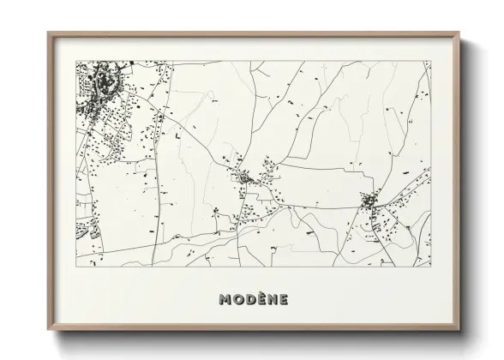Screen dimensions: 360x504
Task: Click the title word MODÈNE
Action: point(253,300)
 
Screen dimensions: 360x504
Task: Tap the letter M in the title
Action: point(226,300)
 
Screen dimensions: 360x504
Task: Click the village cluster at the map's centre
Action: point(246,178)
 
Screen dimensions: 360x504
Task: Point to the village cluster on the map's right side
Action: point(370,202)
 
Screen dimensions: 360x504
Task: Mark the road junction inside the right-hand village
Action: point(370,202)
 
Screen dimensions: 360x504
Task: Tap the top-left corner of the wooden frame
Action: point(48,33)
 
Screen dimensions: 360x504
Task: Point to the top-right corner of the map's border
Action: point(432,60)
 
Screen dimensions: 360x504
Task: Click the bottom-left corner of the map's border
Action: point(76,267)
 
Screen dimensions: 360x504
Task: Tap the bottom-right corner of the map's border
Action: point(432,267)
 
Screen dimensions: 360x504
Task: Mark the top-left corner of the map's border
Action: point(76,60)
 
